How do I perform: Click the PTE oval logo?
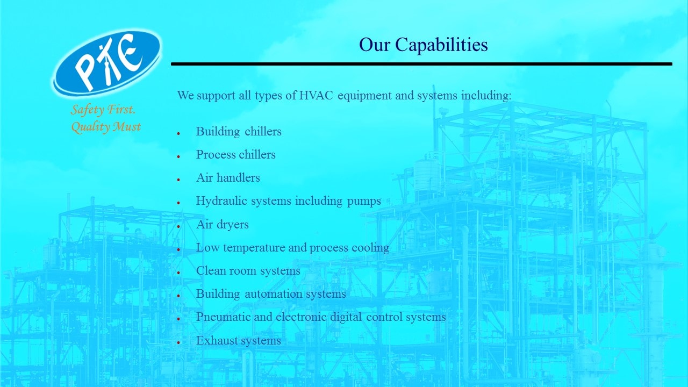click(x=107, y=62)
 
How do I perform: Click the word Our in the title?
click(x=375, y=45)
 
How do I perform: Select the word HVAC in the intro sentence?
click(x=316, y=96)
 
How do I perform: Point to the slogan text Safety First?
click(x=103, y=110)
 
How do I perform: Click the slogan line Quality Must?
click(x=106, y=126)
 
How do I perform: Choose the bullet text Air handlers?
click(x=228, y=178)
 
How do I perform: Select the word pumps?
click(x=364, y=202)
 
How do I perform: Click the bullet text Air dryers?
click(x=223, y=225)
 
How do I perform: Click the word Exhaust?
click(x=217, y=341)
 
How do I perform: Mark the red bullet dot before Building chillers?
click(x=178, y=133)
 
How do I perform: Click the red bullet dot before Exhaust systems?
click(x=178, y=342)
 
